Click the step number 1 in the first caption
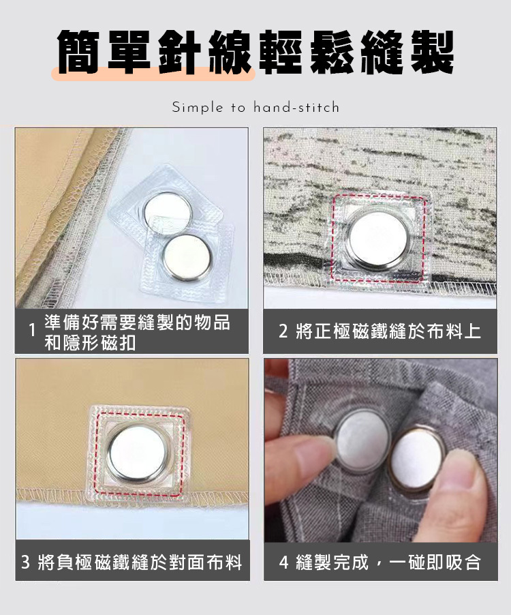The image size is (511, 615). (33, 330)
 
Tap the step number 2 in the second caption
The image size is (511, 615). (283, 331)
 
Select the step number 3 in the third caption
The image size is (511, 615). (25, 562)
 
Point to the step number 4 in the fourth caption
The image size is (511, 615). (283, 562)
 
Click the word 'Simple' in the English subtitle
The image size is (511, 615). (198, 107)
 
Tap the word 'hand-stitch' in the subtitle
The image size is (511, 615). (296, 106)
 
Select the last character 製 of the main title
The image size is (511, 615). (433, 52)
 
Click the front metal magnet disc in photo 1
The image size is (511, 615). (187, 257)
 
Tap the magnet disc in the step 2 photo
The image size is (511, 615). (378, 239)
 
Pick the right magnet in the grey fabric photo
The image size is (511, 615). (417, 457)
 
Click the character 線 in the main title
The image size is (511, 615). (230, 52)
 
